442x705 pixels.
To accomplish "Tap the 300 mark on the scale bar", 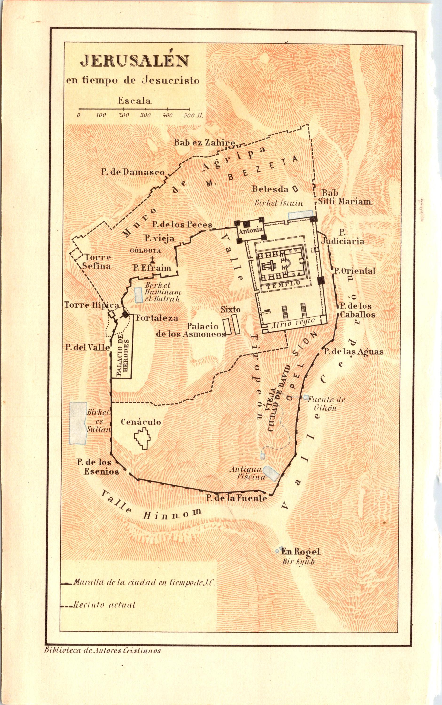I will point(145,115).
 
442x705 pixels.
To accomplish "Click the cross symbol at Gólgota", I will point(152,259).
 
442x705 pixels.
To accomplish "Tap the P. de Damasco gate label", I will point(133,172).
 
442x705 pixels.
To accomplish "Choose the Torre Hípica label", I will point(92,305).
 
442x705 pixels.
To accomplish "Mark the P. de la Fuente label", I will point(236,498).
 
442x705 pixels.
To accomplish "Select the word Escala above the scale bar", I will point(134,101).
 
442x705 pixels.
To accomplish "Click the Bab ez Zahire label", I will point(205,143).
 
